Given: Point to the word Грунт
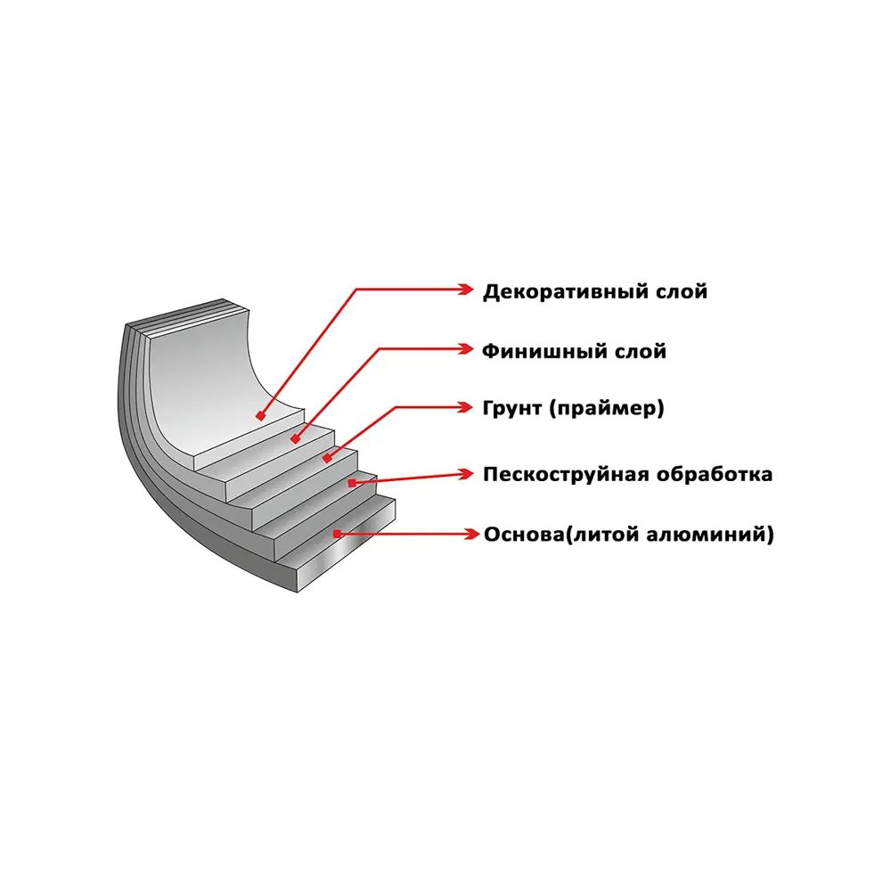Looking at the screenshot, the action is click(512, 408).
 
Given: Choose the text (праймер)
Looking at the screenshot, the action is click(606, 409).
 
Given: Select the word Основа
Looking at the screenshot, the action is click(525, 535).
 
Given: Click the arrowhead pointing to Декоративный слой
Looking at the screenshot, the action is click(466, 290).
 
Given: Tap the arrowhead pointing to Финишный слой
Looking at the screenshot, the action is click(466, 349).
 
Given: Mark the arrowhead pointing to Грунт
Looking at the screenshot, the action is click(465, 407).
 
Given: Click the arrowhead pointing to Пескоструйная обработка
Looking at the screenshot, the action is click(466, 474).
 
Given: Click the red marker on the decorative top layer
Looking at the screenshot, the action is click(261, 416).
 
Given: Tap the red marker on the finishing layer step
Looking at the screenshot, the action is click(295, 438).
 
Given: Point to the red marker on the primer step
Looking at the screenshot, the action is click(327, 457).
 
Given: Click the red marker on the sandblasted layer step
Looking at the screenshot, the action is click(352, 483).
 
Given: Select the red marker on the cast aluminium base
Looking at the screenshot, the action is click(337, 534).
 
